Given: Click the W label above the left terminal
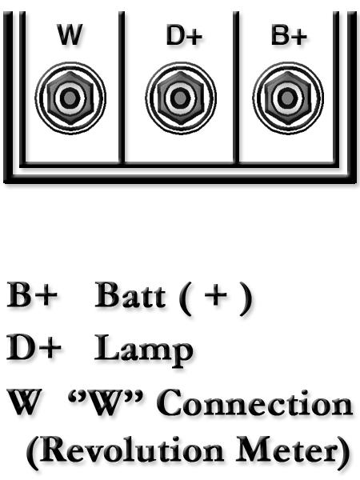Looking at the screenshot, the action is pyautogui.click(x=70, y=34).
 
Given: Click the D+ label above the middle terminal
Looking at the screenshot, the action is pyautogui.click(x=184, y=35).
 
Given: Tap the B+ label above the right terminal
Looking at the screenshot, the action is pyautogui.click(x=289, y=35).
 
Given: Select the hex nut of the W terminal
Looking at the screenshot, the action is pyautogui.click(x=70, y=98).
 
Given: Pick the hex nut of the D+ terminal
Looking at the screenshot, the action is pyautogui.click(x=181, y=98).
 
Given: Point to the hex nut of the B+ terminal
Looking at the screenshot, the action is pyautogui.click(x=287, y=98).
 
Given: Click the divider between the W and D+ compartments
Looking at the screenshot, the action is pyautogui.click(x=122, y=87).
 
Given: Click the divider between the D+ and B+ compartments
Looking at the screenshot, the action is pyautogui.click(x=236, y=87).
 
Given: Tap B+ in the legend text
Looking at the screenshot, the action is pyautogui.click(x=32, y=294).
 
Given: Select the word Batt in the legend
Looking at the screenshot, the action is pyautogui.click(x=130, y=294).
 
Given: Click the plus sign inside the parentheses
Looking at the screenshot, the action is pyautogui.click(x=215, y=296).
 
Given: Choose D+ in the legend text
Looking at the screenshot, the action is pyautogui.click(x=34, y=348).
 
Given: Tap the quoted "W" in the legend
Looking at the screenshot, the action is pyautogui.click(x=106, y=402).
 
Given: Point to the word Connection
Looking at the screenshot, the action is pyautogui.click(x=254, y=402).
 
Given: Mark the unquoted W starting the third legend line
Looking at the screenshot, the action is pyautogui.click(x=24, y=402).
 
